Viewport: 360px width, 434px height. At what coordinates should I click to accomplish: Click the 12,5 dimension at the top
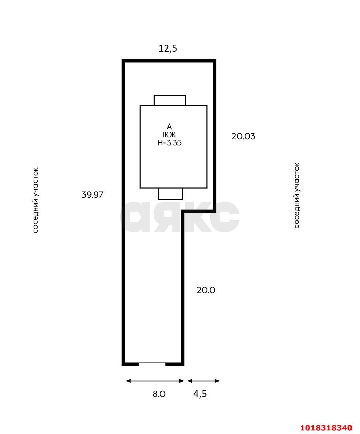point(168,48)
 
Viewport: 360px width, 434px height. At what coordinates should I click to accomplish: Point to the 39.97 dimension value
point(92,195)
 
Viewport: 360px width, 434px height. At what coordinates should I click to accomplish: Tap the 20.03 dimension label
point(243,136)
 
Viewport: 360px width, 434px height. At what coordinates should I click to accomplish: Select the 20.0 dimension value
point(206,290)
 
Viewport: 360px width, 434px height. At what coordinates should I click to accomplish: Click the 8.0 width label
point(159,394)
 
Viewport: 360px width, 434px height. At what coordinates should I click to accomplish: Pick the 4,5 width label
point(200,394)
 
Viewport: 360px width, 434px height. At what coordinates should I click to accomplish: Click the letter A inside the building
point(169,126)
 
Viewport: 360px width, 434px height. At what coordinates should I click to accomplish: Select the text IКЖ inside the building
point(169,135)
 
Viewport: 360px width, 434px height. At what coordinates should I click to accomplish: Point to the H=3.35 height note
point(169,143)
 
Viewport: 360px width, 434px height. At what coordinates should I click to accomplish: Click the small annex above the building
point(170,100)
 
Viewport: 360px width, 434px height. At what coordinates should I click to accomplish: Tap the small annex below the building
point(170,194)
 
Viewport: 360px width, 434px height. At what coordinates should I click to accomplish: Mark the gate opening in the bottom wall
point(152,364)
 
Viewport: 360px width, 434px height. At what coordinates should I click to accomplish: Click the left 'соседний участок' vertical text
point(36,200)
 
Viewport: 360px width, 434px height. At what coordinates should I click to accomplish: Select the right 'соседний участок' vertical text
point(296,195)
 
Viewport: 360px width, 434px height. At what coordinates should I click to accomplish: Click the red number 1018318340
point(326,426)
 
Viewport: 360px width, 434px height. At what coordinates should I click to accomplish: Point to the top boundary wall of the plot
point(169,61)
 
